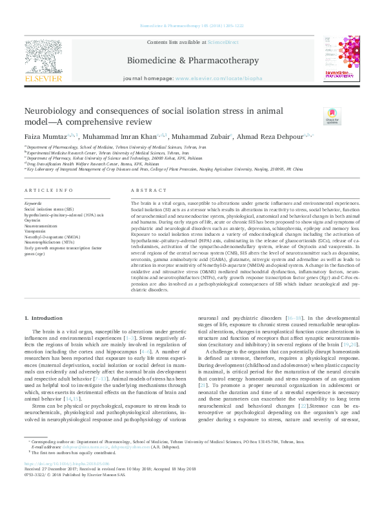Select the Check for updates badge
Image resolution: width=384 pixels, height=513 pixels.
pos(314,116)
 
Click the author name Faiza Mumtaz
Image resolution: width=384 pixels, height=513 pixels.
pos(45,136)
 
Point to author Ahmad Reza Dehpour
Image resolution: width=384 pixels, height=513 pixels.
pos(259,136)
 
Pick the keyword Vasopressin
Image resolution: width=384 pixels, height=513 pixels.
pos(35,231)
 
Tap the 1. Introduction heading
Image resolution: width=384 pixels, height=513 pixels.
pos(43,319)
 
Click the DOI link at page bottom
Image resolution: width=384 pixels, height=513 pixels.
pos(66,464)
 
